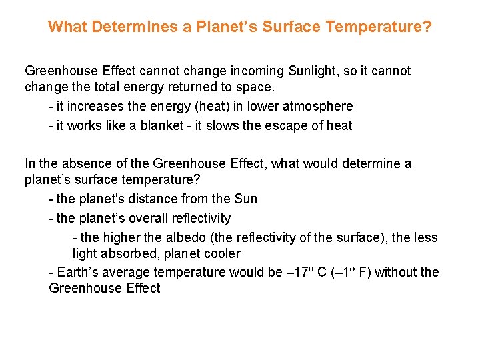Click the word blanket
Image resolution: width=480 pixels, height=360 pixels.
coord(162,125)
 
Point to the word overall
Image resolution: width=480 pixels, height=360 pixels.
coord(143,218)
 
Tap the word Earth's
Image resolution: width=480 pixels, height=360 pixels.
coord(77,272)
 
